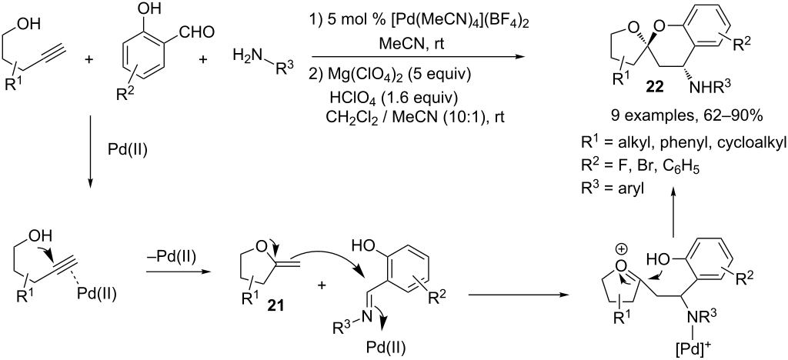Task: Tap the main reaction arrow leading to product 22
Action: point(416,55)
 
